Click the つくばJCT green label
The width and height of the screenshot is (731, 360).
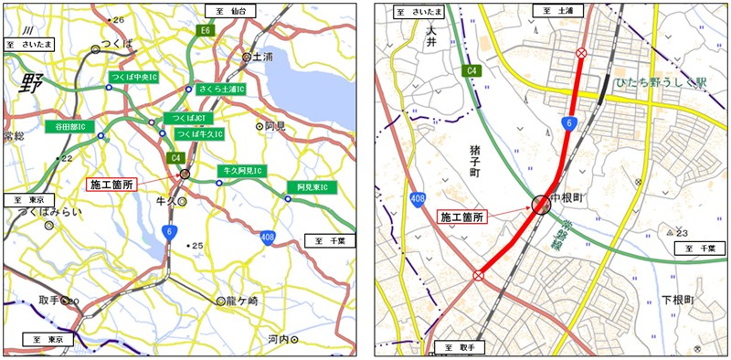click(183, 119)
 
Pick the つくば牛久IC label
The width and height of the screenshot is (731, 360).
click(199, 133)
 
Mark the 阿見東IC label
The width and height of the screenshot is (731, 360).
click(311, 187)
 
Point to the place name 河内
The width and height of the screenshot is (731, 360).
click(279, 340)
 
